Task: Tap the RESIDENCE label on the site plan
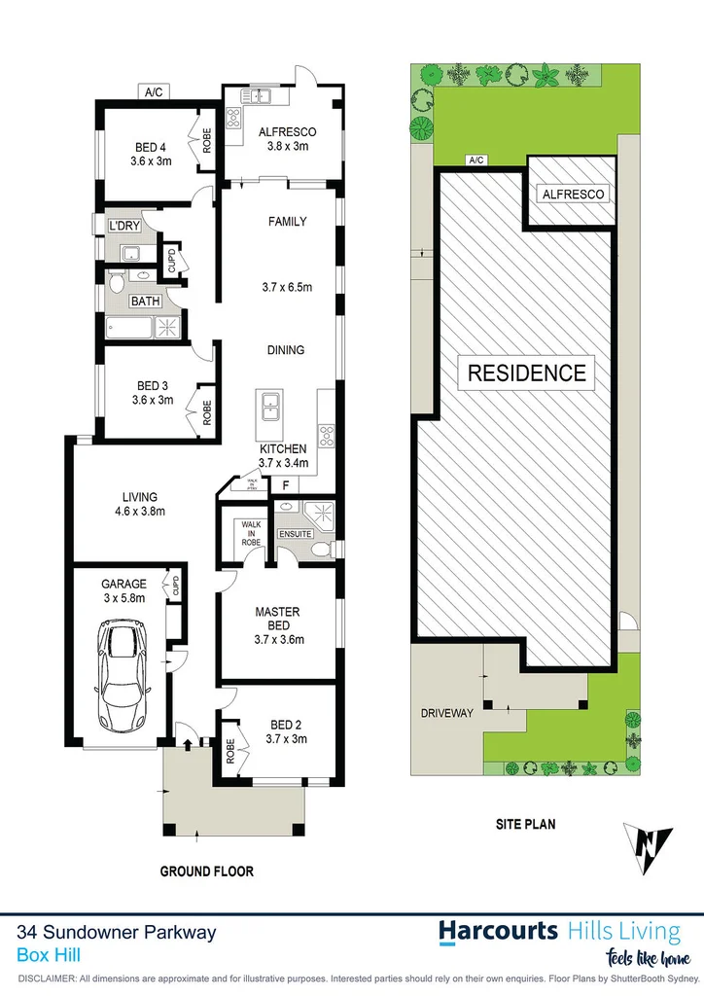tap(528, 373)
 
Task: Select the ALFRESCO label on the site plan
tap(573, 195)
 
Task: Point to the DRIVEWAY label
tap(447, 713)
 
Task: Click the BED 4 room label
tap(151, 149)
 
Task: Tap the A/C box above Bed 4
tap(154, 93)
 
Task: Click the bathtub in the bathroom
tap(129, 327)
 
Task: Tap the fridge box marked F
tap(285, 483)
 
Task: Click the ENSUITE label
tap(296, 534)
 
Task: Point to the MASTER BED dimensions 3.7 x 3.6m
tap(278, 640)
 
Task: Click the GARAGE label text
tap(123, 585)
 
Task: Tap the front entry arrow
tap(185, 744)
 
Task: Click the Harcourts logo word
tap(497, 931)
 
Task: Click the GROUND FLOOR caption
tap(206, 871)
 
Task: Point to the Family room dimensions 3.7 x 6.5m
tap(287, 287)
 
